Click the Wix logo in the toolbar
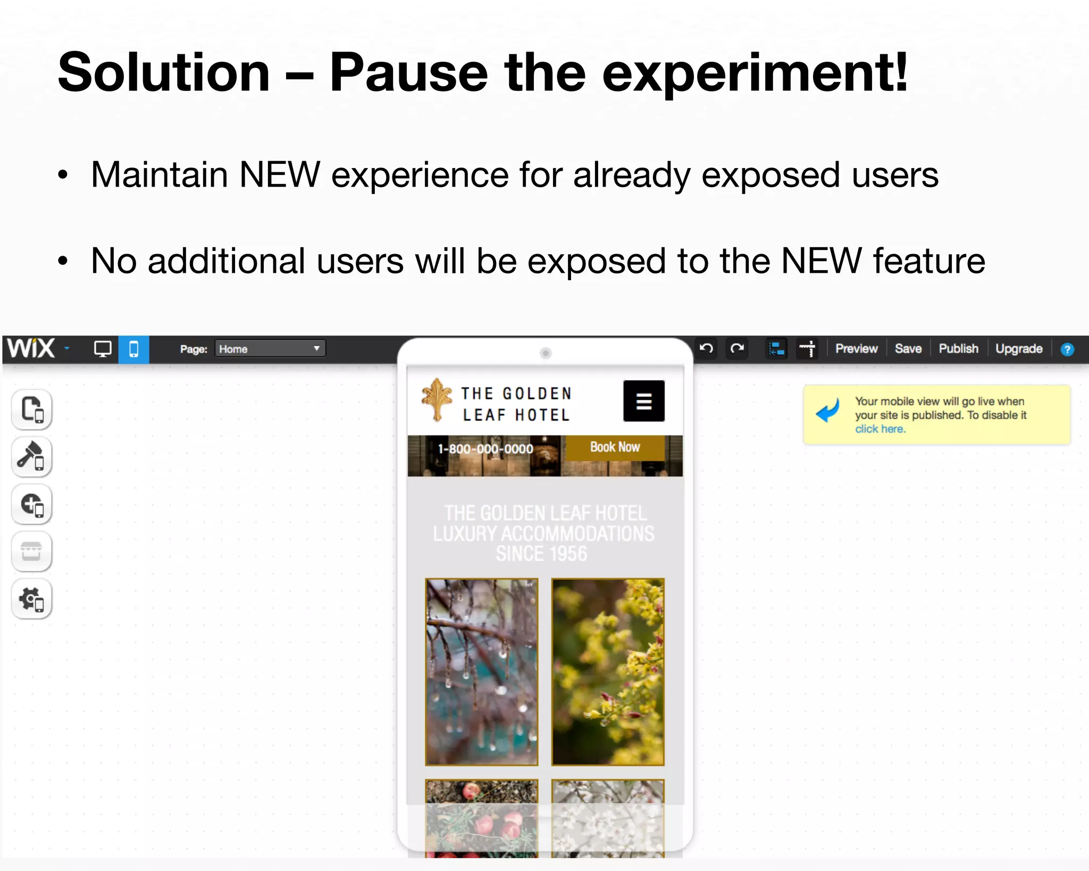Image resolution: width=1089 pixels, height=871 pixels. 31,349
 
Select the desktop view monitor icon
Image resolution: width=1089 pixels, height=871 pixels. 102,349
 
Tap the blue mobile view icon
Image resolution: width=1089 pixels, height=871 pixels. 133,349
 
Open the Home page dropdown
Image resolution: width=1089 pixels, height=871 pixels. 270,349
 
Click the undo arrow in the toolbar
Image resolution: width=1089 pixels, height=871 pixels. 706,349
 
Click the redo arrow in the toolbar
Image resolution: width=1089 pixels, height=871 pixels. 737,349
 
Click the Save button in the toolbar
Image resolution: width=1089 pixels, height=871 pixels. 908,349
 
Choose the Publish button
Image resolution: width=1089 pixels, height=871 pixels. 958,349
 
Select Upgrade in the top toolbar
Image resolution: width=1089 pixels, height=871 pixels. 1018,349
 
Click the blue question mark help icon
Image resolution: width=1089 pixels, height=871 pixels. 1067,349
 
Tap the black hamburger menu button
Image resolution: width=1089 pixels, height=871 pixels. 643,401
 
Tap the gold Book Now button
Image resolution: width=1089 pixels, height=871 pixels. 615,447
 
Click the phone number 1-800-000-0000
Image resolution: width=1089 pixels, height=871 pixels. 485,449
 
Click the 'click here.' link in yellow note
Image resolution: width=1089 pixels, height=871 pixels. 879,429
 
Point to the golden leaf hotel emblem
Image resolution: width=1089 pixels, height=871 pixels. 437,399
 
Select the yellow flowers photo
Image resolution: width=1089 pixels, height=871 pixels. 608,672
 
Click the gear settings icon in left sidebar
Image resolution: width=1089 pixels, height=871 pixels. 32,599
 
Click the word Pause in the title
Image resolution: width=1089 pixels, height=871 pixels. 408,73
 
